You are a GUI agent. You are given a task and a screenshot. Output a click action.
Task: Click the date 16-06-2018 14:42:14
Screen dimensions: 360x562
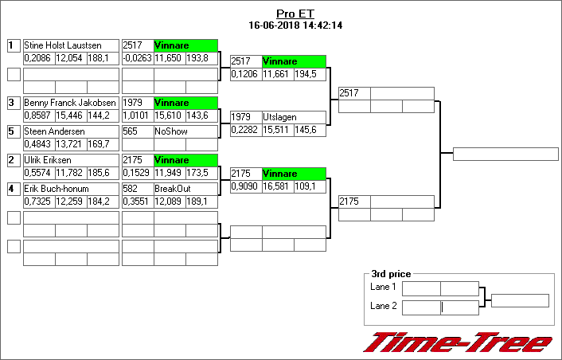tap(295, 25)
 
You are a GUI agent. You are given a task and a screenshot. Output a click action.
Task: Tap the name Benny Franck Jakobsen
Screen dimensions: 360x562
tap(70, 104)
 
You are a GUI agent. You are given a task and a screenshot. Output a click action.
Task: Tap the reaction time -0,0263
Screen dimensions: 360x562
tap(137, 58)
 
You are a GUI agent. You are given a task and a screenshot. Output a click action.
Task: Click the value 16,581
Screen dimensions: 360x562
tap(278, 186)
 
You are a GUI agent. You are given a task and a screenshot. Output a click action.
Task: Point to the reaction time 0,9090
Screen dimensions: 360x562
tap(245, 186)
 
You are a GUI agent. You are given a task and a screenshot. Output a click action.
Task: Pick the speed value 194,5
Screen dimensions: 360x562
tap(310, 74)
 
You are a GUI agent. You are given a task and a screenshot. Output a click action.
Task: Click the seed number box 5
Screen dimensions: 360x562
tap(13, 131)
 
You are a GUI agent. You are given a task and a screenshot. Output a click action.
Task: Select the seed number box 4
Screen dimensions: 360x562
tap(13, 189)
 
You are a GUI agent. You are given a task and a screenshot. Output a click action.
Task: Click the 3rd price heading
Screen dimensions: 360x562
tap(391, 274)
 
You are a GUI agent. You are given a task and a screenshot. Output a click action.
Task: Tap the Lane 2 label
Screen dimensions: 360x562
tap(383, 306)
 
